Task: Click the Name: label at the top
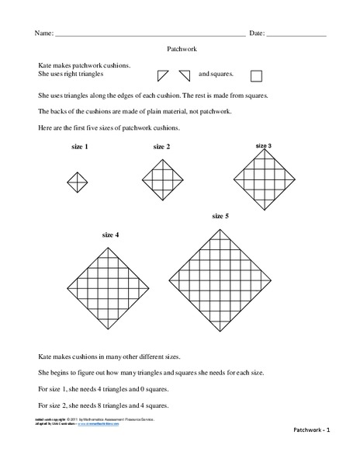43,34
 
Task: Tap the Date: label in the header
257,34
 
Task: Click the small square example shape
257,75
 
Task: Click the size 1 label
79,147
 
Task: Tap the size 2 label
161,146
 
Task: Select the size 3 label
264,145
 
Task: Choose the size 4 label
110,234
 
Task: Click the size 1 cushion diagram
78,182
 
